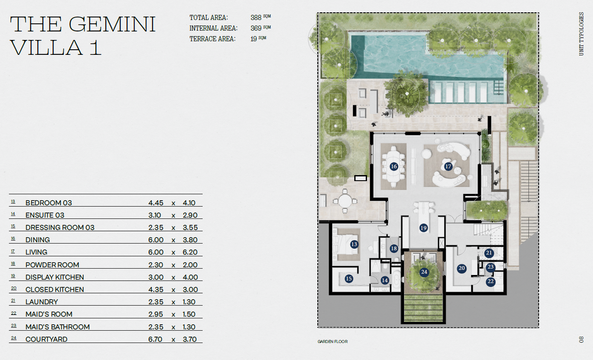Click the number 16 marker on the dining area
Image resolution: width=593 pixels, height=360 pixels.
tap(394, 166)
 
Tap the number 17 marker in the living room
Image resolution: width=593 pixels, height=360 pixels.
tap(448, 166)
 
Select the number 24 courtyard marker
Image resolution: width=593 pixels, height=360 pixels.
tap(424, 272)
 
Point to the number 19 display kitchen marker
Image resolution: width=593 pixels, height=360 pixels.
tap(424, 228)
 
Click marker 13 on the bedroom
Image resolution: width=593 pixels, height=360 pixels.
tap(354, 244)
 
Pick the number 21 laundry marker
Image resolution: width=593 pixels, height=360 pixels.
tap(489, 253)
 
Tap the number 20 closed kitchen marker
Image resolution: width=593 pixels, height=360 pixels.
tap(462, 268)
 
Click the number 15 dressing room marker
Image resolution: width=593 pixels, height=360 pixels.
tap(349, 279)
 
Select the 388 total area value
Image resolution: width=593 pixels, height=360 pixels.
tap(256, 18)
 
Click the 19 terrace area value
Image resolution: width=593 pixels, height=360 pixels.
tap(254, 39)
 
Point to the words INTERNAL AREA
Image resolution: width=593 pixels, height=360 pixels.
tap(213, 28)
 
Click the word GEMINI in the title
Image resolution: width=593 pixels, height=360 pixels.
tap(112, 24)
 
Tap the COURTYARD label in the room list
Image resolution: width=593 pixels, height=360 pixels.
tap(46, 339)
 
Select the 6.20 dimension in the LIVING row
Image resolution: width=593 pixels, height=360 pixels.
tap(190, 252)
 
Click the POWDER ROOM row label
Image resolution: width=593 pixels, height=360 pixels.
tap(52, 265)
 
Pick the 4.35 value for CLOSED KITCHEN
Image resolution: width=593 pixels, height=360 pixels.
tap(155, 289)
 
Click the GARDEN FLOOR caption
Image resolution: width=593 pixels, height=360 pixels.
tap(333, 342)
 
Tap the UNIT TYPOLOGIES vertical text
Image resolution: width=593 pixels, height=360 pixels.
tap(582, 34)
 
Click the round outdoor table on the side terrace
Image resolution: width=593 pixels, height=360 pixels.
tap(345, 201)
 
